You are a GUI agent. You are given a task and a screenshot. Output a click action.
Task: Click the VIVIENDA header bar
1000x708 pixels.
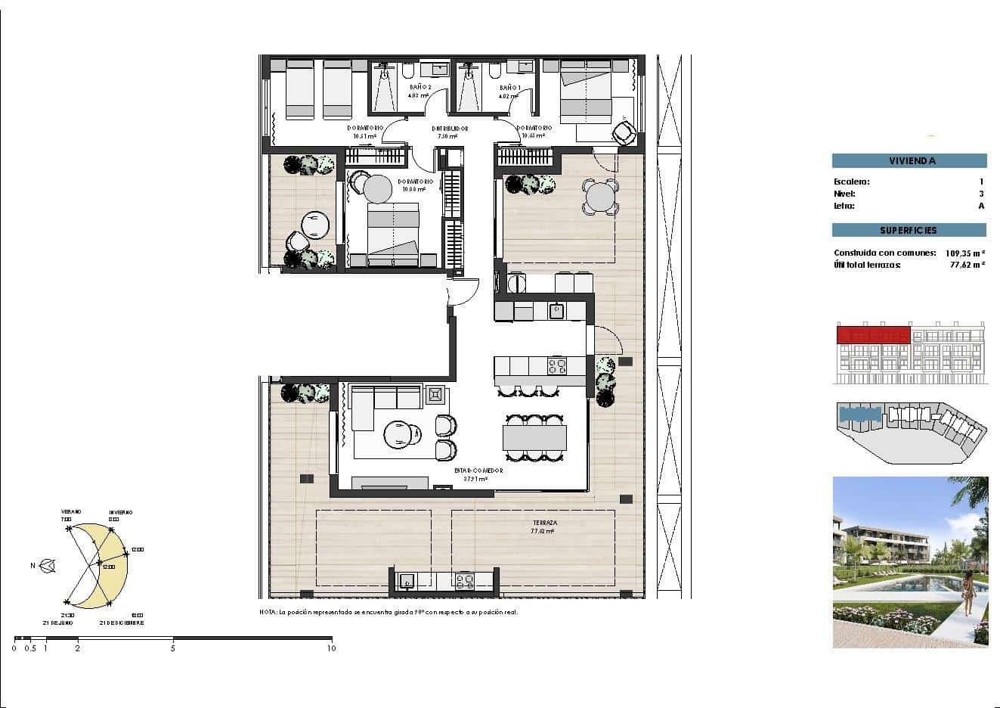click(x=909, y=161)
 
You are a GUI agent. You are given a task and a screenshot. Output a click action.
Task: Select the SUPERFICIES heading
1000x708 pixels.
click(x=909, y=230)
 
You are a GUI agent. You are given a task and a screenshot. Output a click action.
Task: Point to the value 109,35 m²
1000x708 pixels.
click(x=965, y=253)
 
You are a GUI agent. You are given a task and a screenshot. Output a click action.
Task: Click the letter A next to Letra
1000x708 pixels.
click(x=981, y=206)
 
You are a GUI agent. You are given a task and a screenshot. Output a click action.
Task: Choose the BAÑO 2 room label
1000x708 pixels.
click(x=419, y=88)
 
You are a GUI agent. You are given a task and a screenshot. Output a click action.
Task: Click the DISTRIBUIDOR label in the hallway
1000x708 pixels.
click(x=450, y=129)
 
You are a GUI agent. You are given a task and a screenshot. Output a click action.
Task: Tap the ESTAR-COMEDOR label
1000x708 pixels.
click(x=478, y=470)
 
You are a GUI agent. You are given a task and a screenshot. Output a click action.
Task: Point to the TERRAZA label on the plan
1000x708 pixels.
click(x=543, y=523)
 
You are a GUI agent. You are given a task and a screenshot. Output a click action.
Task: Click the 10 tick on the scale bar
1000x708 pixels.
click(x=330, y=648)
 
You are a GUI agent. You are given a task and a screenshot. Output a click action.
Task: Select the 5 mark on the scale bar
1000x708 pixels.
click(x=172, y=648)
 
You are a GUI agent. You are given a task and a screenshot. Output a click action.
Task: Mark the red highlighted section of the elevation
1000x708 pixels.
click(x=873, y=334)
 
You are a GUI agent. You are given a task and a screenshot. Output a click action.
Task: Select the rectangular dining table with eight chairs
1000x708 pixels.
click(x=535, y=437)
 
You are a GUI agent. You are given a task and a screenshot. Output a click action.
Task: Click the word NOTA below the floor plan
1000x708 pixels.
click(x=268, y=612)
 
